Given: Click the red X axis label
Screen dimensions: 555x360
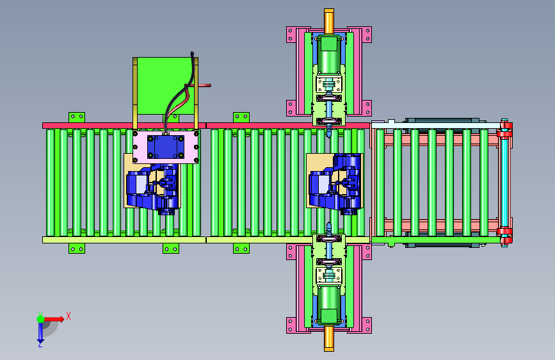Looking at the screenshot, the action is pos(68,316).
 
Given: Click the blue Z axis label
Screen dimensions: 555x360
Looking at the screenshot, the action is pos(40,344).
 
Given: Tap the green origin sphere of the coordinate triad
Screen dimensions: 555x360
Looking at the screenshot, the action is pos(41,319).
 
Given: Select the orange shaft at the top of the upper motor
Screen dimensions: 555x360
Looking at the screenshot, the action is pos(329,22).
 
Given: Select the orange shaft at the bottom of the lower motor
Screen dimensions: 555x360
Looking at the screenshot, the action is pos(329,338).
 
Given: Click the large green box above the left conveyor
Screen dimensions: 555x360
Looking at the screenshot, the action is pos(165,86).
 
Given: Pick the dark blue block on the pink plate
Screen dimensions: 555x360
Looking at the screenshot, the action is pos(165,147).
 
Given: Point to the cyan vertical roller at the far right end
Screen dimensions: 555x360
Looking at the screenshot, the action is pos(504,183).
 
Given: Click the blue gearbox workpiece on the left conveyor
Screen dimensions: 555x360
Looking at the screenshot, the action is pos(153,188).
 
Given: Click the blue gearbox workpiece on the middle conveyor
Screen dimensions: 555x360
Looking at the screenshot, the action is pos(335,184).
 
